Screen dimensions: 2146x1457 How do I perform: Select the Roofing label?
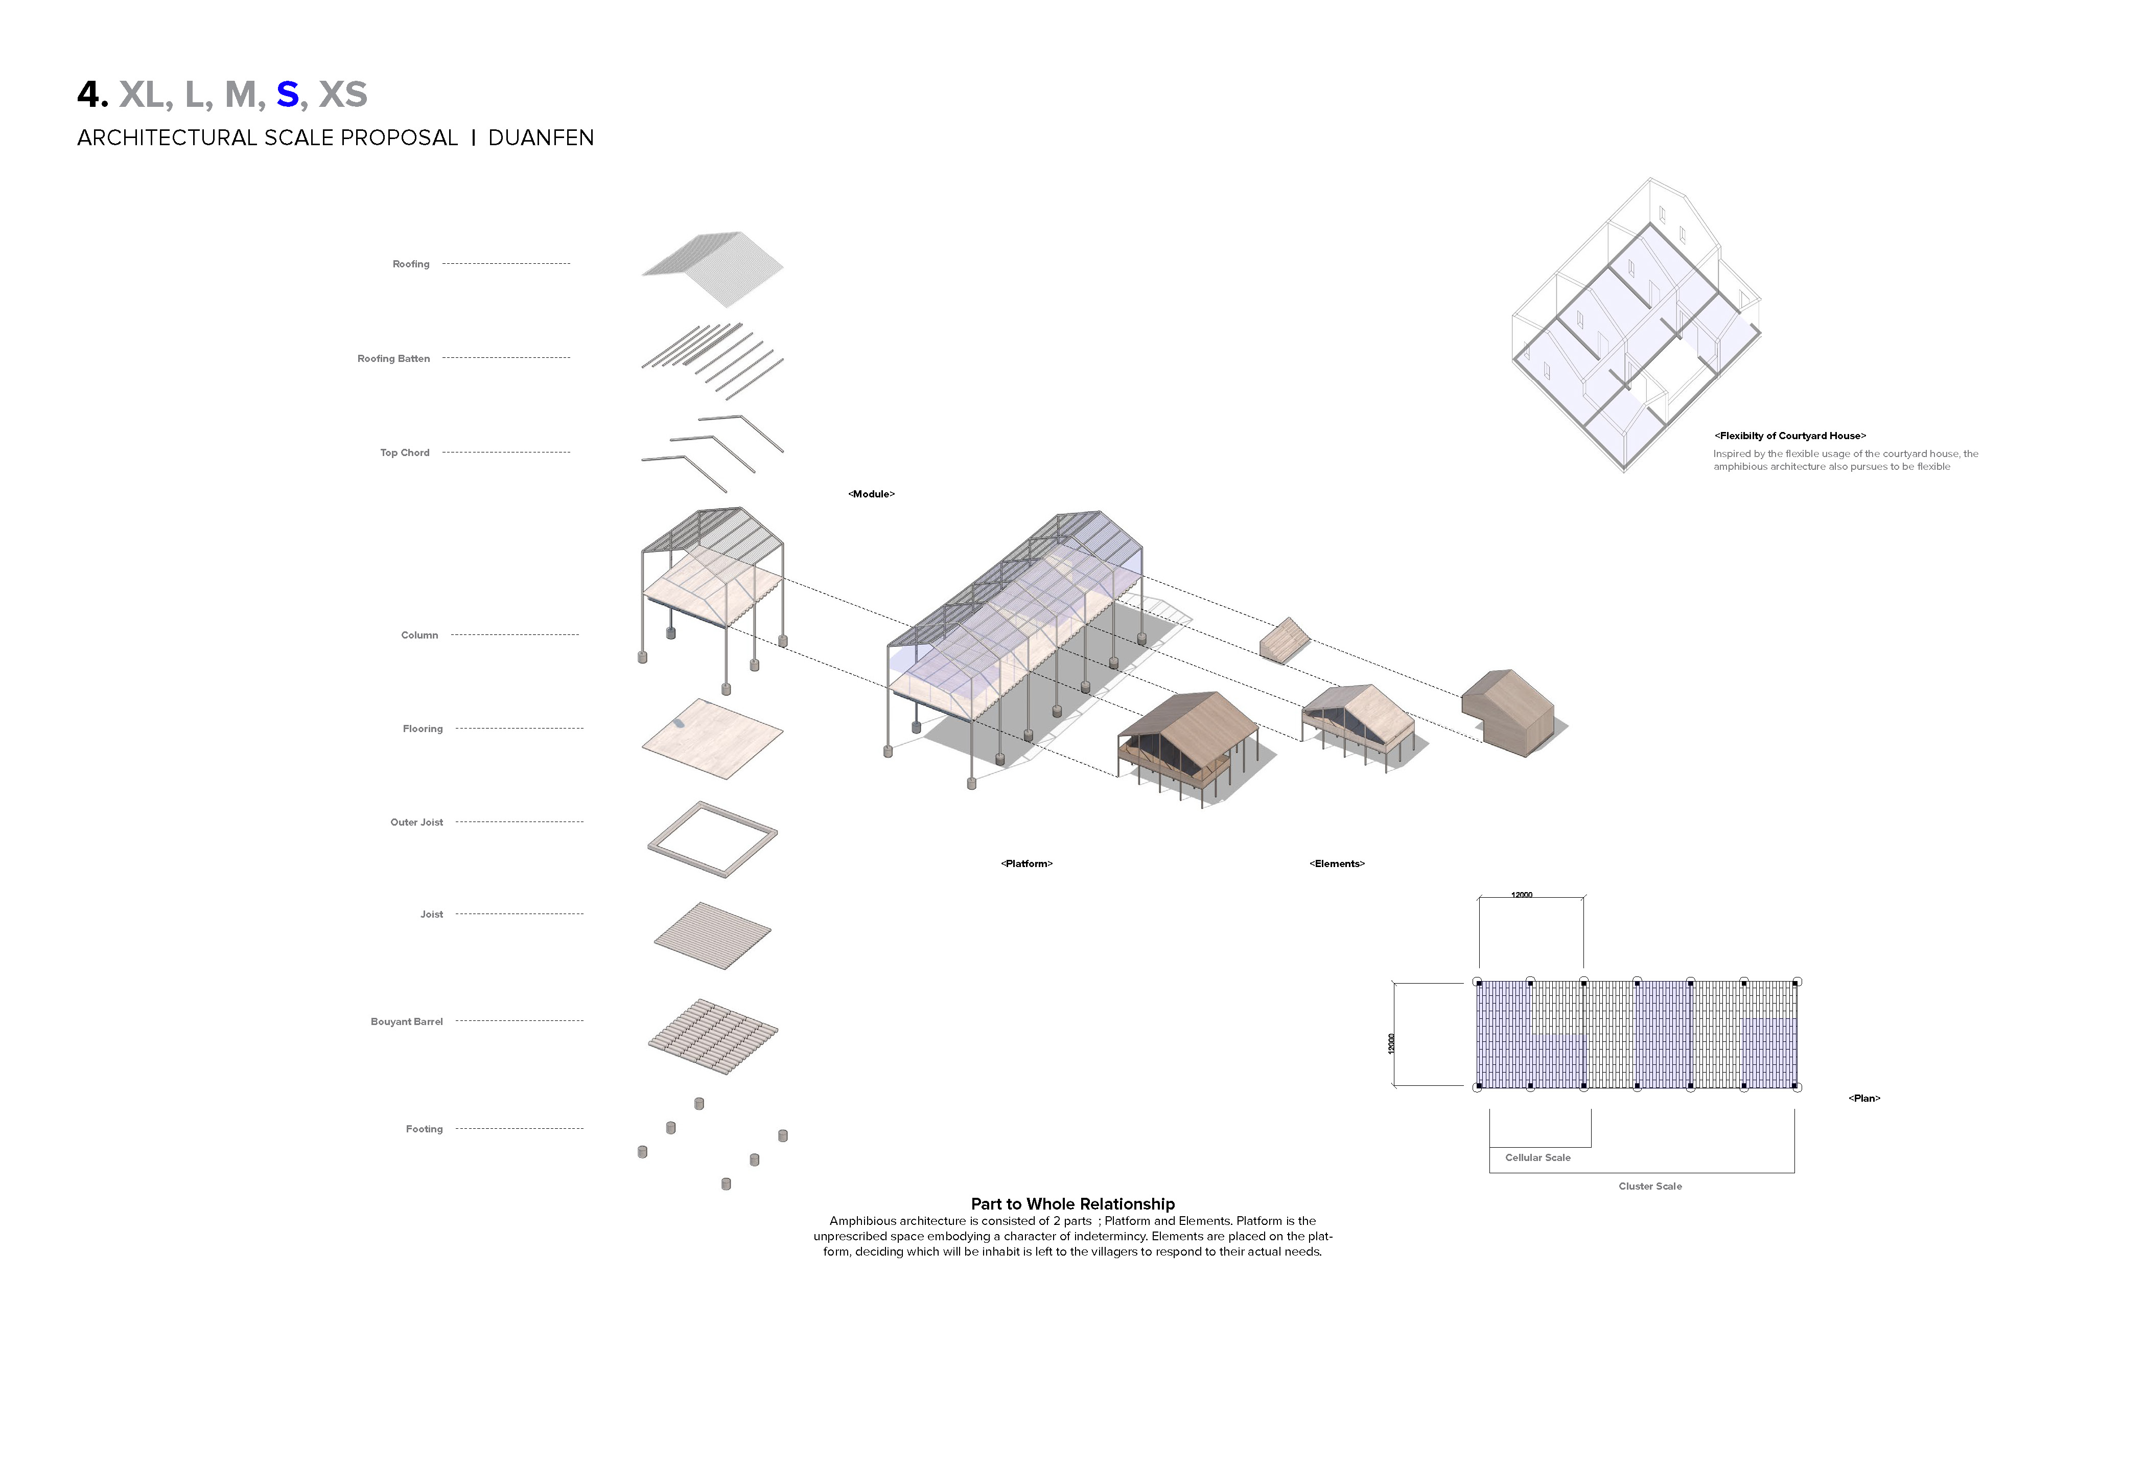point(411,264)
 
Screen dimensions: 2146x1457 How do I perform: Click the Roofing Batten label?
point(393,358)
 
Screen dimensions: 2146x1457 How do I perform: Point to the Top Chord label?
point(405,453)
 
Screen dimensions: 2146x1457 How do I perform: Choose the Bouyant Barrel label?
point(406,1022)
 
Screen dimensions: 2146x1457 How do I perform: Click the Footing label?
point(424,1129)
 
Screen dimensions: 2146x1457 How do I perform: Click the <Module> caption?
point(871,494)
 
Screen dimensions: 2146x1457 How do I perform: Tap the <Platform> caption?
point(1026,864)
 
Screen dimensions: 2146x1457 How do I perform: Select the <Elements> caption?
point(1336,864)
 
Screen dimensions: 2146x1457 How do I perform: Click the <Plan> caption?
point(1863,1099)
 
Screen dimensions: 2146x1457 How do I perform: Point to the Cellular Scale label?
point(1537,1157)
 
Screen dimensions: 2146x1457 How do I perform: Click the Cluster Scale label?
point(1649,1186)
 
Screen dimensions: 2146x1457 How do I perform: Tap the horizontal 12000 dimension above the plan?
point(1521,894)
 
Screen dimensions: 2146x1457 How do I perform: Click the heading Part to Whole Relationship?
point(1072,1204)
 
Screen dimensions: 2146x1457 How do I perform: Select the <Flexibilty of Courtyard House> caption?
point(1789,436)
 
